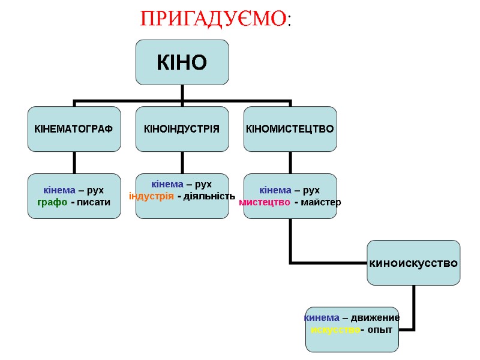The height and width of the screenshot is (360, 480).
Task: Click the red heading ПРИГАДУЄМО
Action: tap(213, 19)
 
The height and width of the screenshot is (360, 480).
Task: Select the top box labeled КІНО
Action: tap(182, 62)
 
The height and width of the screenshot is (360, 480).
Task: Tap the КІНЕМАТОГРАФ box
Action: tap(74, 128)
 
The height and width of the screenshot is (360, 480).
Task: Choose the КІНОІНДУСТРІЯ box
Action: tap(182, 128)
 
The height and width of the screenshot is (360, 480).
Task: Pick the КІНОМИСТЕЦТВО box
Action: tap(290, 128)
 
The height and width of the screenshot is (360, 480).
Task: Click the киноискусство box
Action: tap(413, 263)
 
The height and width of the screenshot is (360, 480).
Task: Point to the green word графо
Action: tap(51, 202)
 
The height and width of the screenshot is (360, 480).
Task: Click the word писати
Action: tap(91, 202)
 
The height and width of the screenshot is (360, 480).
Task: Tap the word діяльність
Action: tap(209, 196)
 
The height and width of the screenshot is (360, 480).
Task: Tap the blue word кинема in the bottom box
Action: tap(322, 317)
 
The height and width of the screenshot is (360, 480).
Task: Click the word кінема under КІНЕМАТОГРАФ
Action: tap(59, 190)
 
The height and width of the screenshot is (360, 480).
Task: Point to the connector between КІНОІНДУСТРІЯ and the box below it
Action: tap(182, 162)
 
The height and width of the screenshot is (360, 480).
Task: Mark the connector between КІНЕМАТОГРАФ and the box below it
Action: tap(74, 162)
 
